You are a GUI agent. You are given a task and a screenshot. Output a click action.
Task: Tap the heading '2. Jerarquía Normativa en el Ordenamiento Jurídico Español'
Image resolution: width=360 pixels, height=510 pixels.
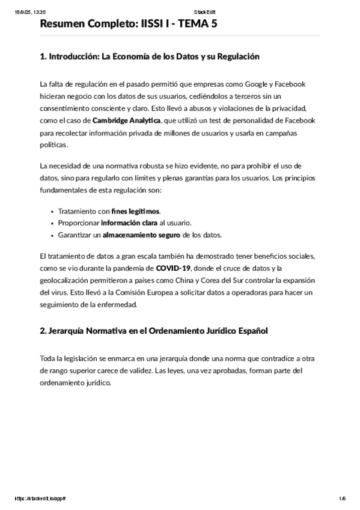153,331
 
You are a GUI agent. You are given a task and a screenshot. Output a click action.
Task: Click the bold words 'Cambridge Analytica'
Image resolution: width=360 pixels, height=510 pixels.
127,120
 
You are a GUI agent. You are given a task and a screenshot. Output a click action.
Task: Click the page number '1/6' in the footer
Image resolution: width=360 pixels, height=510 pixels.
342,499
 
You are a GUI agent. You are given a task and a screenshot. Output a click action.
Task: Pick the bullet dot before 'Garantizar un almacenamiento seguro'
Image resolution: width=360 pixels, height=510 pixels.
53,235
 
